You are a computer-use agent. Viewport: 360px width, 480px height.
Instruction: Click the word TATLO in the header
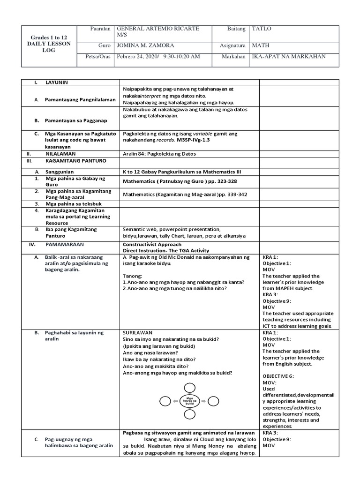pos(262,29)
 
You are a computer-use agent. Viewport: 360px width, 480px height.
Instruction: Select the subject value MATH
pos(259,46)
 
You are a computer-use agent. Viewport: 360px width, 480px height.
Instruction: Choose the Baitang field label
pos(236,29)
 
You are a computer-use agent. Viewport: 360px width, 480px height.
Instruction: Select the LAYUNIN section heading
pos(57,82)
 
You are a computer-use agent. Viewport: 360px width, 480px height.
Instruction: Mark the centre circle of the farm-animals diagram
pos(189,401)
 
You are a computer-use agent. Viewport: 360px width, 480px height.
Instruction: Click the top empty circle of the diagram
pos(189,387)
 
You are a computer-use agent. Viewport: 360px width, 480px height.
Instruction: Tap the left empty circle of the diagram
pos(165,401)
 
